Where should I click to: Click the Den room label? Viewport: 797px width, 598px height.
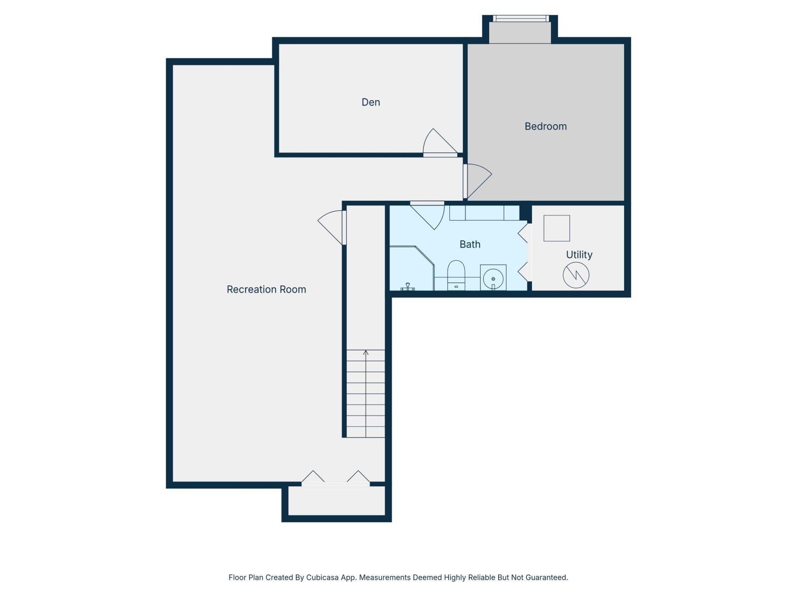tap(371, 102)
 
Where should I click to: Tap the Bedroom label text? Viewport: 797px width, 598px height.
tap(545, 127)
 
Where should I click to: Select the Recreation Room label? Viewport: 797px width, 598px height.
tap(266, 290)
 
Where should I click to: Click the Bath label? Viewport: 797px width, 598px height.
tap(470, 244)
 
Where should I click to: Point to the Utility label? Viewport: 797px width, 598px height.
tap(579, 255)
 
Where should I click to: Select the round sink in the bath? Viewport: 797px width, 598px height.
tap(493, 278)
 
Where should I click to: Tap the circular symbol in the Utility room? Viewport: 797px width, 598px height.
tap(576, 275)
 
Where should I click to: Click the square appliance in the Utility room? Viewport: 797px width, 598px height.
tap(556, 228)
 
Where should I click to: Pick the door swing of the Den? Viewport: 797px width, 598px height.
tap(438, 143)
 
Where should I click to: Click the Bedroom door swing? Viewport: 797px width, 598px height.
tap(477, 179)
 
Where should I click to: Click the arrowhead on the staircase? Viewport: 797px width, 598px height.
tap(366, 352)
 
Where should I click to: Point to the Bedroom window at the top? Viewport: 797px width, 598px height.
tap(521, 18)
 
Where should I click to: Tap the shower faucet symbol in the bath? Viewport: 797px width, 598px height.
tap(407, 287)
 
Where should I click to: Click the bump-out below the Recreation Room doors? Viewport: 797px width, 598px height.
tap(337, 501)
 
